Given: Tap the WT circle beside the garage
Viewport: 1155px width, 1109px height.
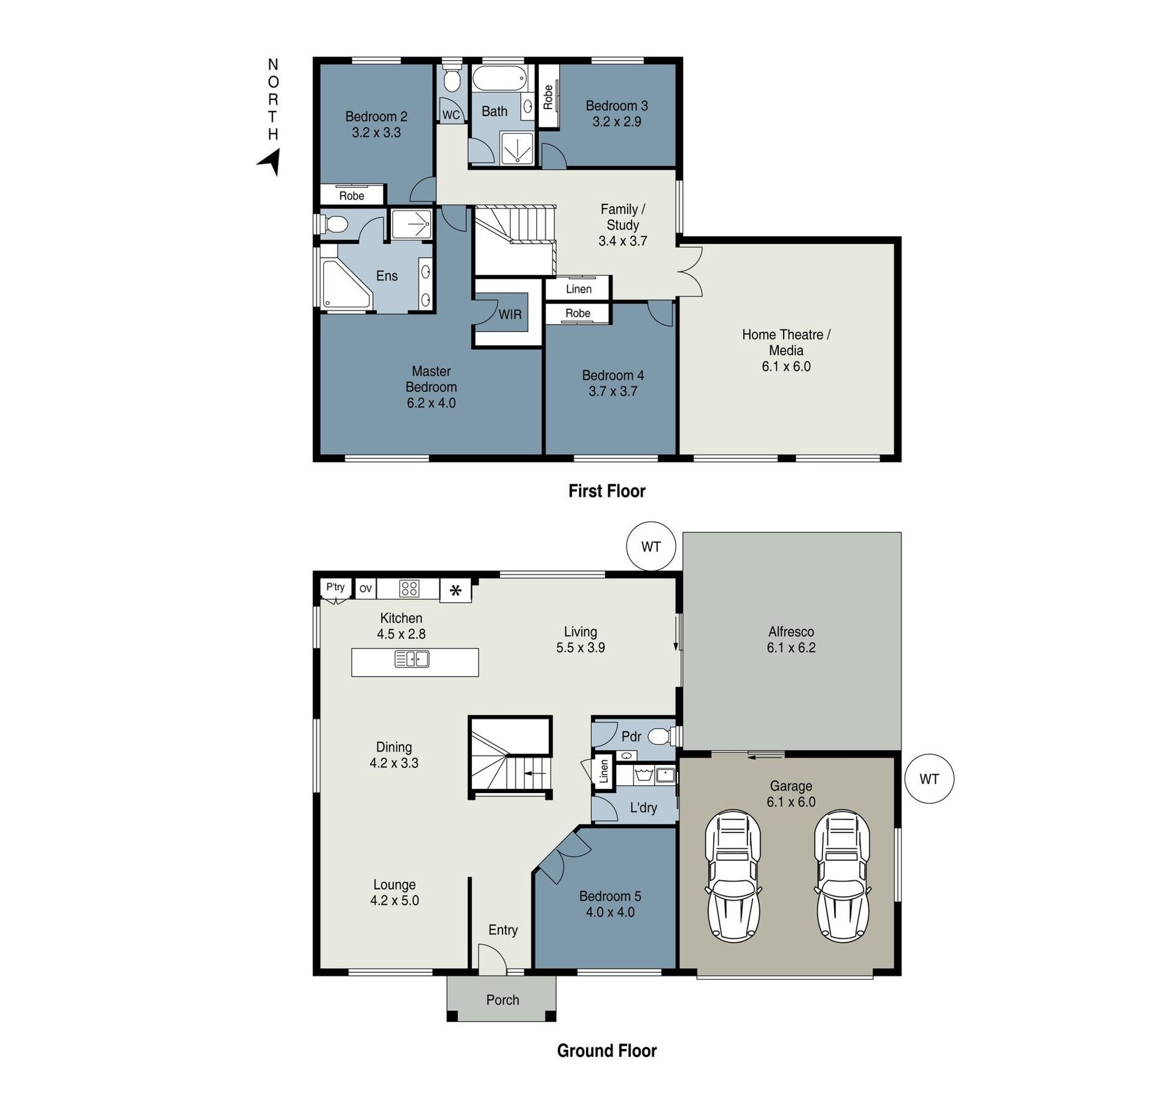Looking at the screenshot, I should (x=929, y=779).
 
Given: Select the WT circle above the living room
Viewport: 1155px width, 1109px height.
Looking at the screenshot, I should (x=651, y=547).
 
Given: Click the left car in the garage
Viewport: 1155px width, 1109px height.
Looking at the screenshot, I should (x=733, y=875).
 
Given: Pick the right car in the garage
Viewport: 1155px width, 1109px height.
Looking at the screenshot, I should (x=842, y=875).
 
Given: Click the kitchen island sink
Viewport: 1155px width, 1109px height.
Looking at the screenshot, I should (x=411, y=659).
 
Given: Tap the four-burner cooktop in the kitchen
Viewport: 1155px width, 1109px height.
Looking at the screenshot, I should (x=409, y=588).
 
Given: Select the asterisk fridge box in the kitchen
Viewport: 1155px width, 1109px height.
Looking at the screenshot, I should (x=456, y=591).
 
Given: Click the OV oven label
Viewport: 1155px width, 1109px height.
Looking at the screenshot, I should (x=366, y=588).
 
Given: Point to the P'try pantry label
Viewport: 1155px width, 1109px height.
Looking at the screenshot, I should (x=336, y=587).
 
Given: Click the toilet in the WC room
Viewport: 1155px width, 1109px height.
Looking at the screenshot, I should (x=452, y=81).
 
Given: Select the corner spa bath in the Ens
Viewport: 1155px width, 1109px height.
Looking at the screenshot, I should (x=345, y=284).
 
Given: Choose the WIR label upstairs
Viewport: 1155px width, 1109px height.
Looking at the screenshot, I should (x=510, y=315).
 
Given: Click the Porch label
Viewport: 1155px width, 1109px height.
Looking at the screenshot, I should (x=502, y=999).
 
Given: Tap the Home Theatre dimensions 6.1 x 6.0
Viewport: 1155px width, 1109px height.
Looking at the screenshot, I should (x=785, y=367).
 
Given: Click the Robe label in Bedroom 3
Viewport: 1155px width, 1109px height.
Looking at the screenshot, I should (x=548, y=97).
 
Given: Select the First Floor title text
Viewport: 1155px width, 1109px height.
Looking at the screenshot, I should (x=606, y=491).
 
